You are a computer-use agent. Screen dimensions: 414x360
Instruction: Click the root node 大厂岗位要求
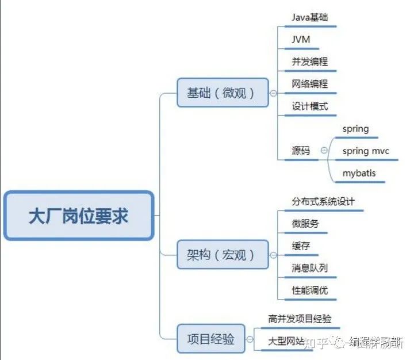(79, 216)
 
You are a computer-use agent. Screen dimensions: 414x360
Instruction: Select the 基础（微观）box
(223, 93)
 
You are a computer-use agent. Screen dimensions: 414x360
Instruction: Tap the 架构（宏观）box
(223, 255)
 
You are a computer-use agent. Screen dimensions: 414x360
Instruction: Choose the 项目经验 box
(211, 339)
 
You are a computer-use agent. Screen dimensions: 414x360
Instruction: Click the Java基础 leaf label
(310, 17)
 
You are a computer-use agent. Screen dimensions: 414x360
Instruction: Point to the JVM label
(301, 40)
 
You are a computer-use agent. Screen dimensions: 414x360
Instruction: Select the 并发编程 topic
(310, 62)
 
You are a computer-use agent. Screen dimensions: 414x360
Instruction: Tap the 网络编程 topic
(310, 84)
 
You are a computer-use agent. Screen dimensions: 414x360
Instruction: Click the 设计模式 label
(310, 106)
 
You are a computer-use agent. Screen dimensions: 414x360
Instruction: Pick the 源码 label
(301, 151)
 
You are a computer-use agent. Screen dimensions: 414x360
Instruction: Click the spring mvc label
(366, 151)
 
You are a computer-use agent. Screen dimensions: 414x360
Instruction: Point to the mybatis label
(359, 173)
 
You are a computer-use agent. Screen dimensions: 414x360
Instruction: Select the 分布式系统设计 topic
(323, 201)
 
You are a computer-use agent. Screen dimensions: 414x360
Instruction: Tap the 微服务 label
(305, 224)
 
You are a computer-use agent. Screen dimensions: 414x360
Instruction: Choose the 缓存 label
(301, 246)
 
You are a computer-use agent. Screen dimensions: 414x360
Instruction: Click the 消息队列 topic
(310, 268)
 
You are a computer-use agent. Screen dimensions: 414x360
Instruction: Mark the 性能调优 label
(310, 290)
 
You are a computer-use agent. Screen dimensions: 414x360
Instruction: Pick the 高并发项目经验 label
(300, 319)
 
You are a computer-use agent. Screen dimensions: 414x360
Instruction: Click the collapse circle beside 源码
(324, 150)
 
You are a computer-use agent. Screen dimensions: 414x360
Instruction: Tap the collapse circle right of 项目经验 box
(250, 339)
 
